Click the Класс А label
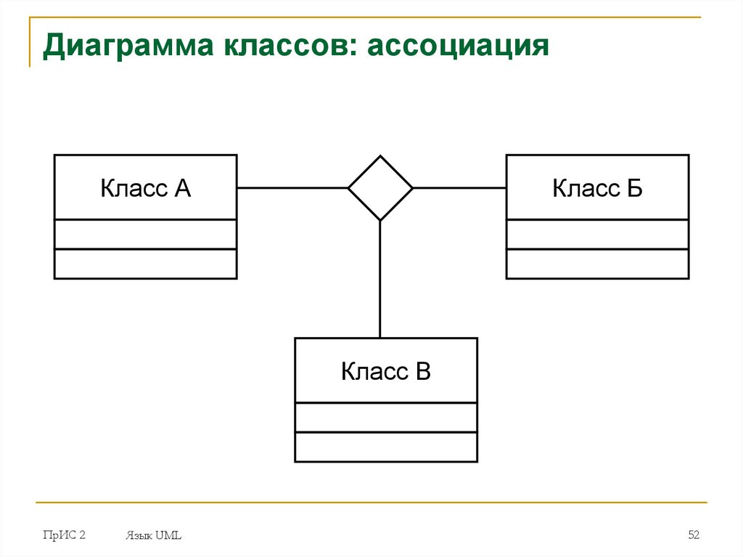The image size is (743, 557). [145, 189]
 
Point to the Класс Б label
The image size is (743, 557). [597, 189]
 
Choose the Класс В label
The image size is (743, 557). [386, 372]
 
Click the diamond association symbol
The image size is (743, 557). [380, 188]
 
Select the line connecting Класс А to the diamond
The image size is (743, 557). [292, 188]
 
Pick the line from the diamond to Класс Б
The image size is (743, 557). [459, 188]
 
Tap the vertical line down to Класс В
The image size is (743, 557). [380, 280]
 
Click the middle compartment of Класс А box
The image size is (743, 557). [145, 235]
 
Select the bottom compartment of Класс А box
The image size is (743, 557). [145, 264]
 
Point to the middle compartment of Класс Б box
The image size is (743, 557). [597, 235]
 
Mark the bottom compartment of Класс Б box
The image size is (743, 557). [597, 264]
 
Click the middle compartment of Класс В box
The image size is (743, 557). [386, 418]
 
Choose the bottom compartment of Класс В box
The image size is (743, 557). [386, 447]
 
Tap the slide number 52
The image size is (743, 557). [694, 535]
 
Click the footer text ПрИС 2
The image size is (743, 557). [64, 535]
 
